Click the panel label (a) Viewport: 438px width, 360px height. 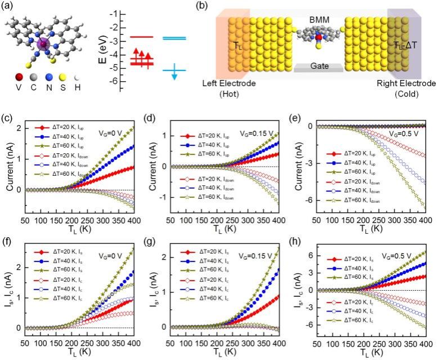tap(10, 7)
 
